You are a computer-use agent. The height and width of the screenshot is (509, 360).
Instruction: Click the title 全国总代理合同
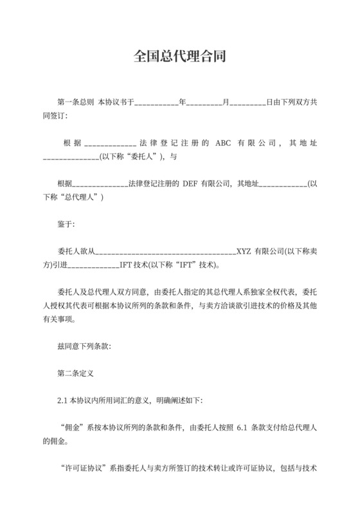point(179,57)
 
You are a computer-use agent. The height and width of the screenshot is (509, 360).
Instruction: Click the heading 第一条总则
point(76,102)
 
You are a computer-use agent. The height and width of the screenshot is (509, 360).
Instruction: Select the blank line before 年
point(156,102)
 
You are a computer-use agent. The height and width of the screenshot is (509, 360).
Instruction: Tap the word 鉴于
point(66,224)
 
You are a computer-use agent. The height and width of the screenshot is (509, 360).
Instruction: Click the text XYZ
point(244,251)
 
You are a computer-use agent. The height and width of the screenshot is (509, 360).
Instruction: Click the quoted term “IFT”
point(183,264)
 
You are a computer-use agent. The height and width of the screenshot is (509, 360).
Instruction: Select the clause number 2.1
point(62,400)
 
